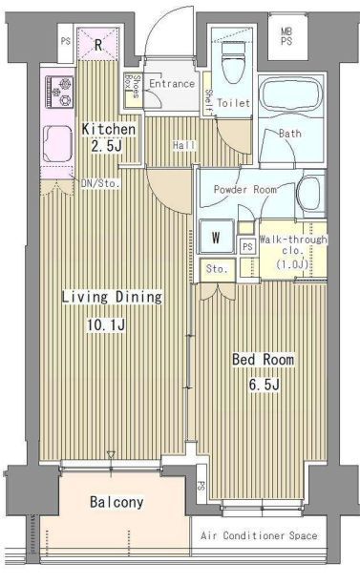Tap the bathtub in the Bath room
[291, 95]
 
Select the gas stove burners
[59, 91]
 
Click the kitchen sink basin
[57, 144]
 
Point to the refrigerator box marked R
[98, 44]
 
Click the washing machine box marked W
[216, 237]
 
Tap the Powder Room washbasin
[309, 194]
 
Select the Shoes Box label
[133, 87]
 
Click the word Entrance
[172, 83]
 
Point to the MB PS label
[286, 36]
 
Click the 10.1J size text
[106, 324]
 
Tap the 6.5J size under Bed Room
[265, 385]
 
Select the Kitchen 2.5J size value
[107, 146]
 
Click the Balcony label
[116, 502]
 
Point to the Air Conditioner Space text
[259, 535]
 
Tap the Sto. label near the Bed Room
[217, 268]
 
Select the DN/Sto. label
[100, 183]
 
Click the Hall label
[184, 145]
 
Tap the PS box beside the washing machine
[247, 246]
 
